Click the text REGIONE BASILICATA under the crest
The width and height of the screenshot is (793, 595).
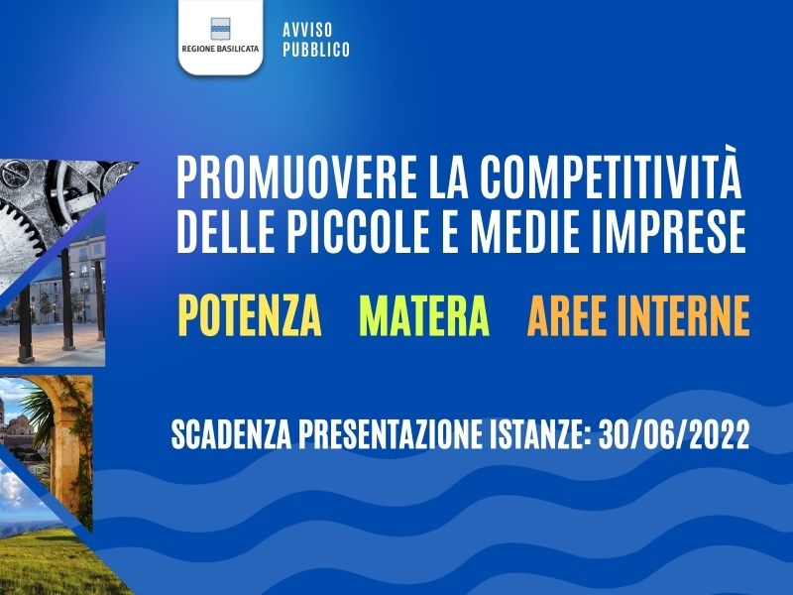tap(220, 49)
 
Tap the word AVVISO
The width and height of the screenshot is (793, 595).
tap(307, 30)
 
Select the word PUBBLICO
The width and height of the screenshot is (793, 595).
tap(316, 50)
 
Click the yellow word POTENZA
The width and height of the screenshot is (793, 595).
tap(250, 315)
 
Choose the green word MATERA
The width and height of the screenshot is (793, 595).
tap(424, 315)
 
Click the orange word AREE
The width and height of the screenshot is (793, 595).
tap(567, 315)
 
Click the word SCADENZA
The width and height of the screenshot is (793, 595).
tap(232, 435)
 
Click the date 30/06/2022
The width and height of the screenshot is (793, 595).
tap(674, 435)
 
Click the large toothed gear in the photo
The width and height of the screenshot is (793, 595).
tap(20, 228)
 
